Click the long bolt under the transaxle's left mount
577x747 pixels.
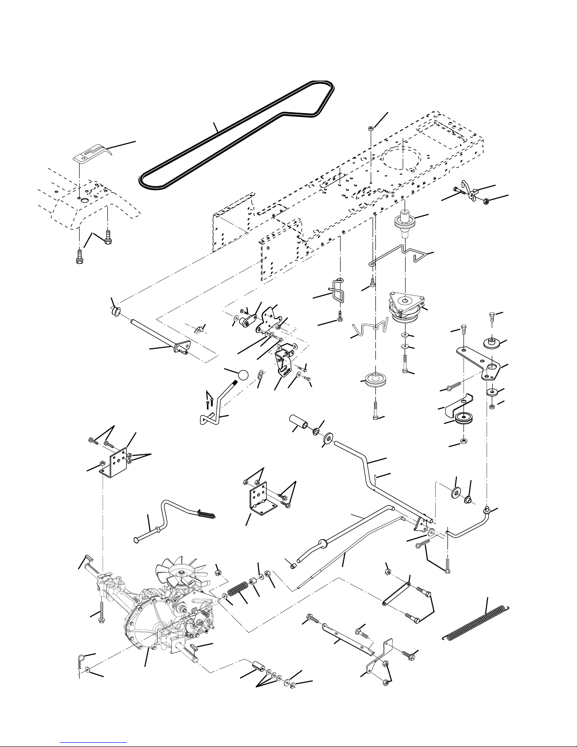pyautogui.click(x=101, y=614)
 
